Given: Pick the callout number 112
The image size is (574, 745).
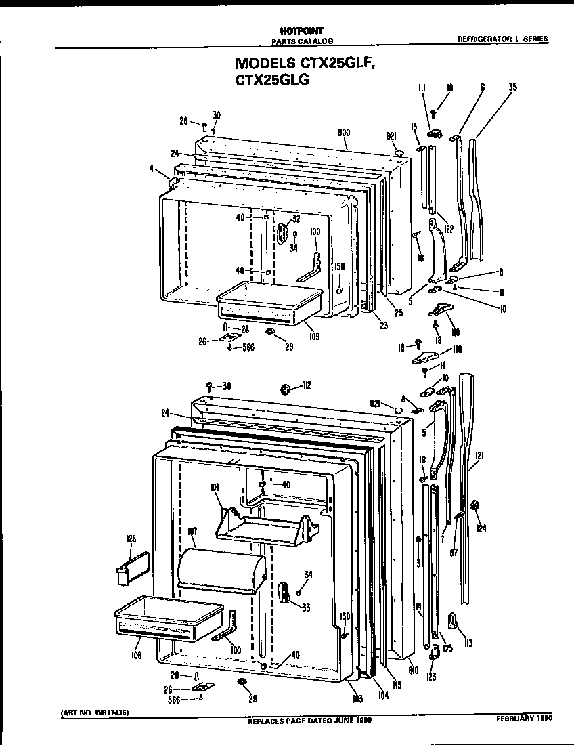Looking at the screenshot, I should click(306, 386).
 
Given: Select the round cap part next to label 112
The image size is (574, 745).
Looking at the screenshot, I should click(285, 389).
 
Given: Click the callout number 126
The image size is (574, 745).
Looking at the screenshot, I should click(131, 539).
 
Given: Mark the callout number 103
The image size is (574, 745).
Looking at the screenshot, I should click(357, 698).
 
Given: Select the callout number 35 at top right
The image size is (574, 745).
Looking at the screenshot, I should click(512, 87).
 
